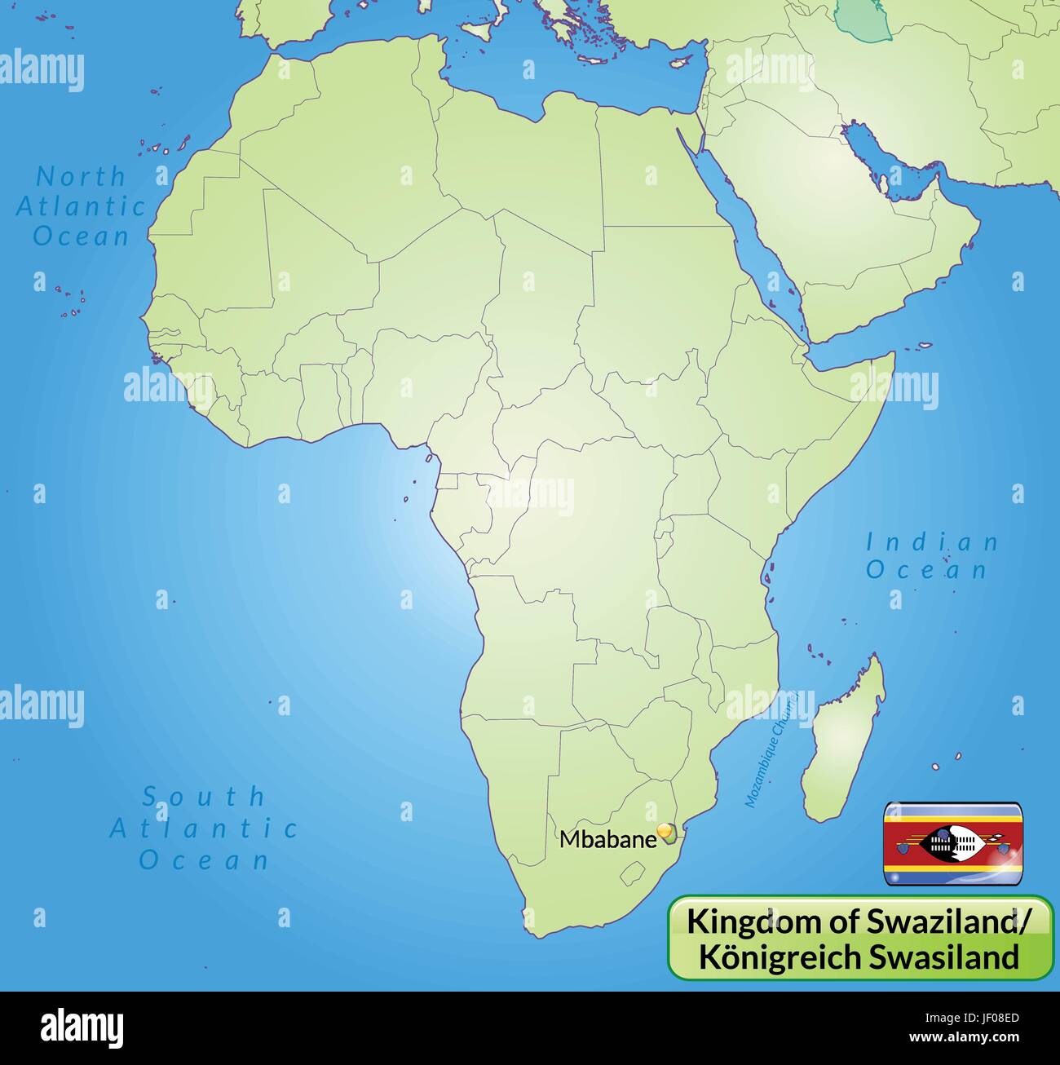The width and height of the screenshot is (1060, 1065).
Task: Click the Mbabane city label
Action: coord(607,839)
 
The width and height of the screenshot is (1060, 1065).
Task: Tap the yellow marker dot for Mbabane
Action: coord(667,831)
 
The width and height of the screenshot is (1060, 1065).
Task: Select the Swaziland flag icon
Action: coord(953,844)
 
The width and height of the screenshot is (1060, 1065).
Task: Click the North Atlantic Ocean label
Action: coord(81,206)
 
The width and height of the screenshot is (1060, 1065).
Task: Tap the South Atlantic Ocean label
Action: coord(204,828)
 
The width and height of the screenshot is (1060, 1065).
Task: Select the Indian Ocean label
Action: coord(931,555)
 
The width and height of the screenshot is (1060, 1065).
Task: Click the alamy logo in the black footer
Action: coord(82,1028)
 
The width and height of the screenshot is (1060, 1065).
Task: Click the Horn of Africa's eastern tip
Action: coord(894,359)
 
